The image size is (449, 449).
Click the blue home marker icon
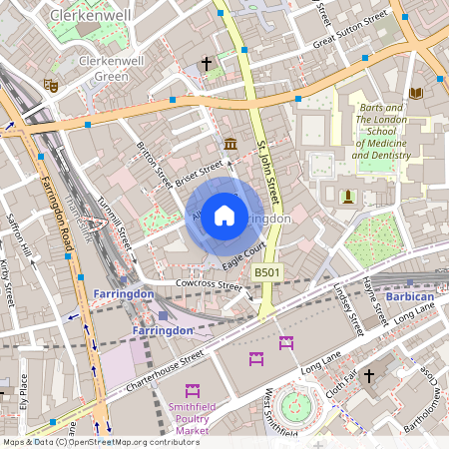(224, 215)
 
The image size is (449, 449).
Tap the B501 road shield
(266, 271)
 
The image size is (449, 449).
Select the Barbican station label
(410, 297)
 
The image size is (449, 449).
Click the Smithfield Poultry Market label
(193, 423)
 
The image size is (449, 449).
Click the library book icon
(416, 93)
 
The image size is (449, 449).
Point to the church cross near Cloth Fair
(368, 375)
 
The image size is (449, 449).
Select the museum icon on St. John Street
(230, 144)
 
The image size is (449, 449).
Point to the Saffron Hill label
(19, 233)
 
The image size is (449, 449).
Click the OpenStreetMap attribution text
(100, 442)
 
